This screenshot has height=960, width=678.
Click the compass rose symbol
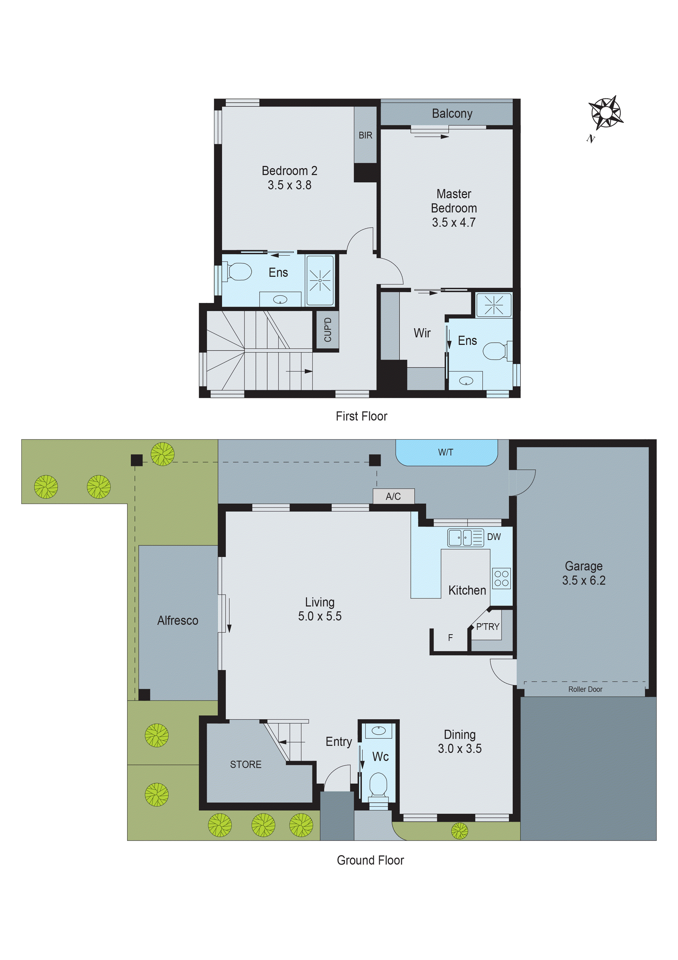(605, 113)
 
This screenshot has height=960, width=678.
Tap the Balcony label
(452, 114)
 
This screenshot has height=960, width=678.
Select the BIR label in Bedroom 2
(365, 135)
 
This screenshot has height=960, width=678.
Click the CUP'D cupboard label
(328, 329)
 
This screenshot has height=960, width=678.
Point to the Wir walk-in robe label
(422, 333)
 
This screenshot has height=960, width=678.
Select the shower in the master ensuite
(494, 305)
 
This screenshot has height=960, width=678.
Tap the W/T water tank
(446, 452)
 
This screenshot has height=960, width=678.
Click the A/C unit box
(393, 496)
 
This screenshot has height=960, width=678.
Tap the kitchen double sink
(465, 538)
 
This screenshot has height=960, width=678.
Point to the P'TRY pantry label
(487, 627)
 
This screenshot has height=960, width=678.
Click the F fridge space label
(450, 638)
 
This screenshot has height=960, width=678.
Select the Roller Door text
(585, 689)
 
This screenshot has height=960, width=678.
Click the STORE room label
(246, 764)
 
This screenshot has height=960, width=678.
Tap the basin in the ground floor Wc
(378, 730)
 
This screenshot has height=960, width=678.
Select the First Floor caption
(361, 416)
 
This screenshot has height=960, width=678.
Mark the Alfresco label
(177, 620)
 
